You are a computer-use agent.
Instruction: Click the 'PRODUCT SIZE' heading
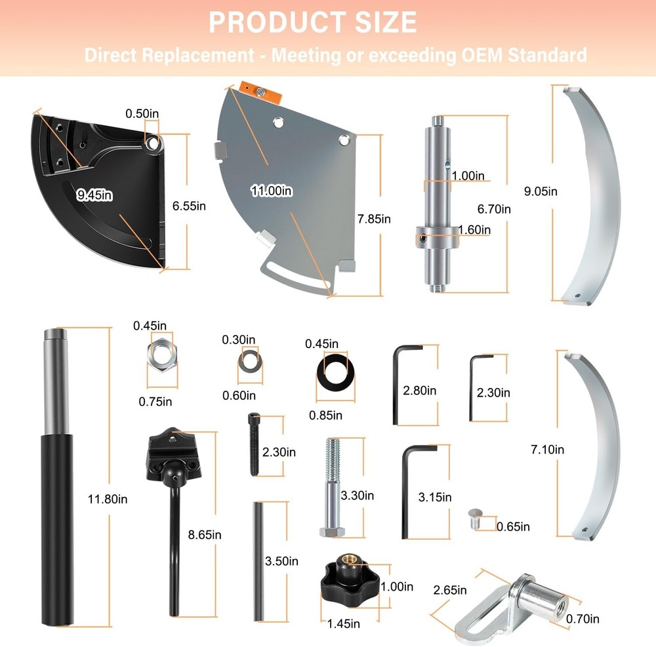[x=312, y=22]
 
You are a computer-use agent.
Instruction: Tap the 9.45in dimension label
[x=94, y=195]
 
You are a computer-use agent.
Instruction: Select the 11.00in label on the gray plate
[x=272, y=191]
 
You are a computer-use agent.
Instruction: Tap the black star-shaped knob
[x=350, y=578]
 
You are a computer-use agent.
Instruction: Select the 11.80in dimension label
[x=108, y=499]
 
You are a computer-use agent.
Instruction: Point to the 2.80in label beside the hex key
[x=420, y=391]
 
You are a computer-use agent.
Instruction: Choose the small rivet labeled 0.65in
[x=475, y=519]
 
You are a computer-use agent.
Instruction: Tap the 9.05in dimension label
[x=541, y=191]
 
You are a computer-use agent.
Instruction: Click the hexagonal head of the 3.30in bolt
[x=332, y=532]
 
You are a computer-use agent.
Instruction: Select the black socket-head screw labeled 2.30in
[x=254, y=444]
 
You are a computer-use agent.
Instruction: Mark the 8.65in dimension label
[x=205, y=535]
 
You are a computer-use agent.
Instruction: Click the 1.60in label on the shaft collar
[x=474, y=230]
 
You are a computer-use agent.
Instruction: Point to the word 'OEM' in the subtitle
[x=482, y=55]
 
